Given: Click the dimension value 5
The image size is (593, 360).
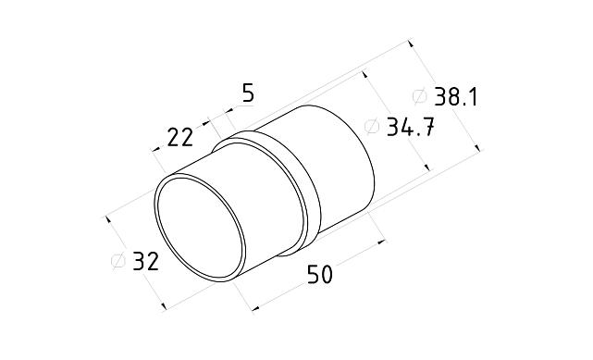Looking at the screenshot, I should pyautogui.click(x=247, y=93).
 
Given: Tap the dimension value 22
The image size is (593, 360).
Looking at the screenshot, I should pyautogui.click(x=179, y=137).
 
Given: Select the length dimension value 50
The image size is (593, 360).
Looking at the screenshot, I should pyautogui.click(x=319, y=274).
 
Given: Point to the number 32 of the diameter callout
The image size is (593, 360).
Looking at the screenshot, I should pyautogui.click(x=145, y=262).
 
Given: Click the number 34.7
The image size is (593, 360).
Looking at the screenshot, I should pyautogui.click(x=411, y=128).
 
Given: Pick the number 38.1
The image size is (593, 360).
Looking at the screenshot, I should pyautogui.click(x=455, y=97).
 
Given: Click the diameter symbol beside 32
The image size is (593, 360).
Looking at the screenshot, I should pyautogui.click(x=118, y=262).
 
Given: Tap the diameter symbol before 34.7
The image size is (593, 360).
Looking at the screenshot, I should pyautogui.click(x=372, y=128).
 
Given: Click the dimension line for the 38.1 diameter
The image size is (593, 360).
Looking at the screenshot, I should pyautogui.click(x=444, y=93).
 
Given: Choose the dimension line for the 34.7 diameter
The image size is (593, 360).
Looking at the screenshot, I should pyautogui.click(x=398, y=120).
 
